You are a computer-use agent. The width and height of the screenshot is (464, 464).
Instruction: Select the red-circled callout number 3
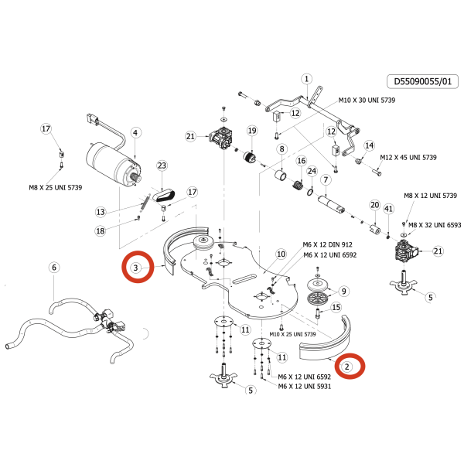[x=136, y=268]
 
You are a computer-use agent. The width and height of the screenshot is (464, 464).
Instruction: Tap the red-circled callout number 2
[x=348, y=366]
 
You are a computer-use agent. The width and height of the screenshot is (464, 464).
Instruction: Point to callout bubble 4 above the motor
[x=135, y=133]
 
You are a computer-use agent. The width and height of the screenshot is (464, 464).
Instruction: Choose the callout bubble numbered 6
[x=53, y=268]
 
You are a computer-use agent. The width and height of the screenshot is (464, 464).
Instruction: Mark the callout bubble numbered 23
[x=162, y=165]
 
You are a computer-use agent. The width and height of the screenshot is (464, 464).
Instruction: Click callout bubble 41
[x=389, y=209]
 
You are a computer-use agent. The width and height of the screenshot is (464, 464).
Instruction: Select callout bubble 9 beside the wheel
[x=344, y=291]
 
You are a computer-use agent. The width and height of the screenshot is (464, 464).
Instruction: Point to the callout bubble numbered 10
[x=281, y=254]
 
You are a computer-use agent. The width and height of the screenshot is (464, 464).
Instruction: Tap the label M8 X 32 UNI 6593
[x=435, y=225]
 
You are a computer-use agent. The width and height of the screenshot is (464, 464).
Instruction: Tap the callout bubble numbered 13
[x=100, y=212]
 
